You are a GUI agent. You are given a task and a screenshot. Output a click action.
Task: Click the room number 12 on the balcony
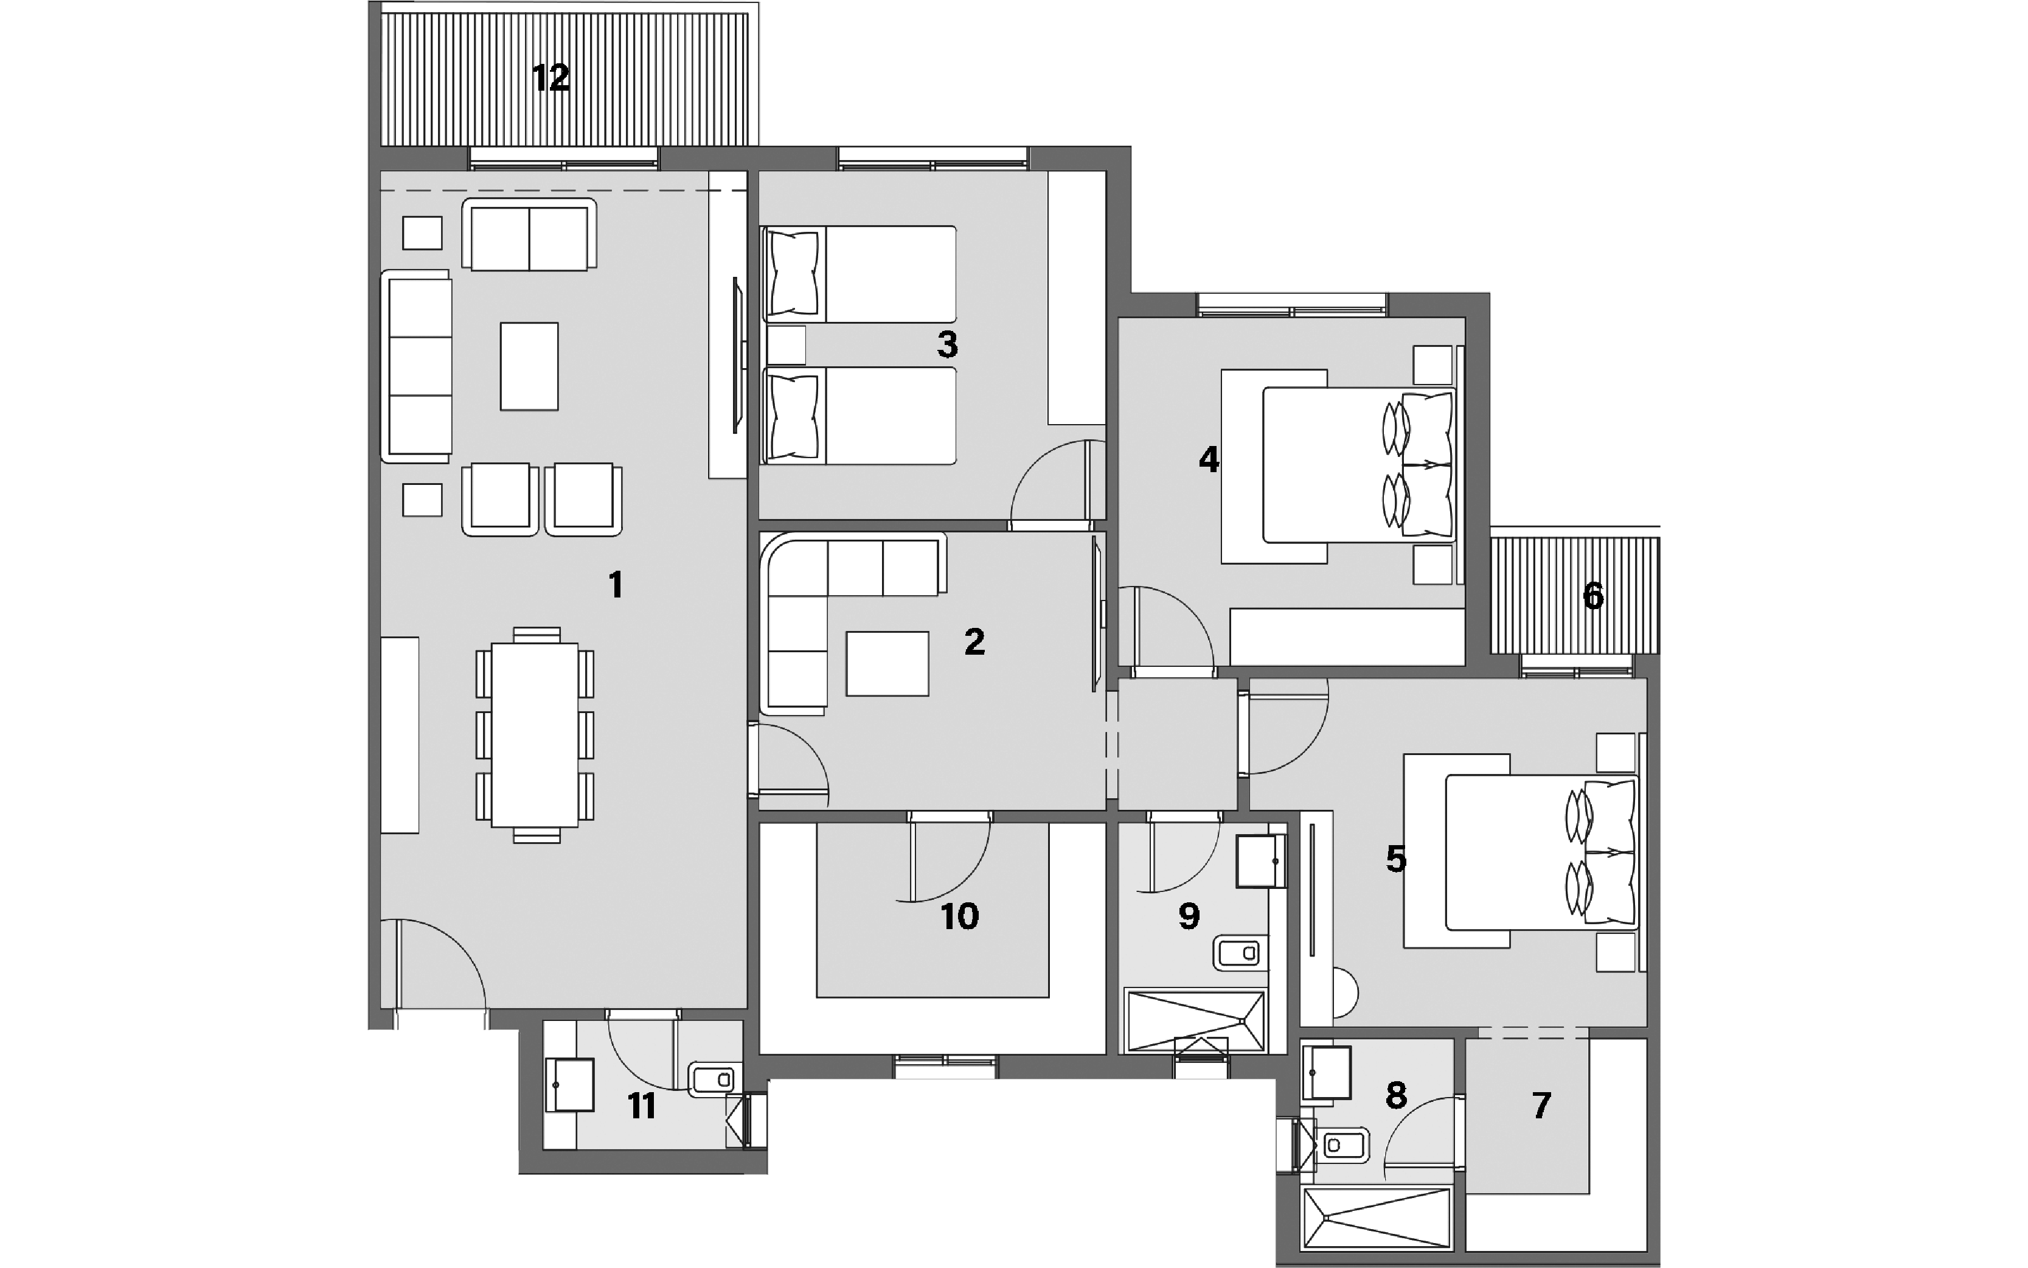click(551, 78)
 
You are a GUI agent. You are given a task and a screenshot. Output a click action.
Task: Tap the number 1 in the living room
click(616, 585)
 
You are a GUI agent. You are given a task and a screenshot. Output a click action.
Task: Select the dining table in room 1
click(535, 734)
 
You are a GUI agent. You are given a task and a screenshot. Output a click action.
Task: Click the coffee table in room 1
click(529, 366)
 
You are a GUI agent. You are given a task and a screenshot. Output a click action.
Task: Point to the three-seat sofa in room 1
click(417, 366)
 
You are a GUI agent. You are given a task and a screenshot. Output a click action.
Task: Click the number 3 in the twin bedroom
click(947, 344)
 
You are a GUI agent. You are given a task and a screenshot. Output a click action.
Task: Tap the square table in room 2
click(887, 663)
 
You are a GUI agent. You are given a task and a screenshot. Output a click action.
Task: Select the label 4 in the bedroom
click(1209, 459)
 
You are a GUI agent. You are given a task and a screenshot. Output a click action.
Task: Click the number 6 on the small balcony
click(1593, 596)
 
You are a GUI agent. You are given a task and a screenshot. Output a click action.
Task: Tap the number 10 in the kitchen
click(960, 916)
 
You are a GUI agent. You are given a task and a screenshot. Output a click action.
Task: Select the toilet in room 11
click(714, 1079)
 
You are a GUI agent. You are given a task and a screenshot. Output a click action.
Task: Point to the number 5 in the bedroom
click(1396, 859)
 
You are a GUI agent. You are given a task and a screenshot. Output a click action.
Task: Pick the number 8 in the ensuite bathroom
click(1396, 1095)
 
